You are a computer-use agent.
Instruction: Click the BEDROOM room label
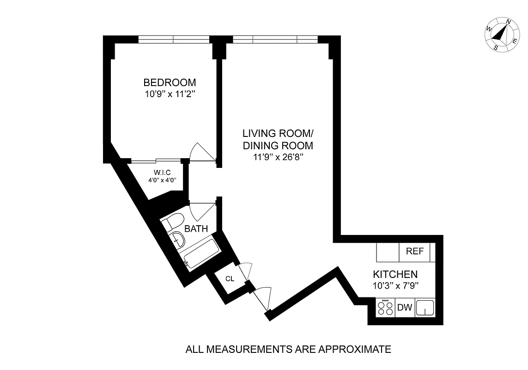pyautogui.click(x=170, y=82)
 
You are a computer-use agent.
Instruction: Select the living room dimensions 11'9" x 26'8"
pyautogui.click(x=278, y=157)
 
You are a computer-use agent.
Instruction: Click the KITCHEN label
pyautogui.click(x=395, y=274)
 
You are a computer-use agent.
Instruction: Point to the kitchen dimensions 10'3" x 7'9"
pyautogui.click(x=395, y=285)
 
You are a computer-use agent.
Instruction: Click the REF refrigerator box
pyautogui.click(x=414, y=252)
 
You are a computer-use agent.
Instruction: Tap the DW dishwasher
pyautogui.click(x=404, y=308)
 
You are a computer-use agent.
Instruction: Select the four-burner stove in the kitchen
pyautogui.click(x=385, y=308)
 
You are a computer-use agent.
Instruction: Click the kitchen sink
pyautogui.click(x=425, y=308)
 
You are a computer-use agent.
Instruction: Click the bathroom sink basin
pyautogui.click(x=178, y=239)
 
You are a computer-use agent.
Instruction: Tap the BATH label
pyautogui.click(x=196, y=228)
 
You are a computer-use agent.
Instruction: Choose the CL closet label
pyautogui.click(x=230, y=279)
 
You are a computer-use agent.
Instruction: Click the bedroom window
pyautogui.click(x=173, y=39)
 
